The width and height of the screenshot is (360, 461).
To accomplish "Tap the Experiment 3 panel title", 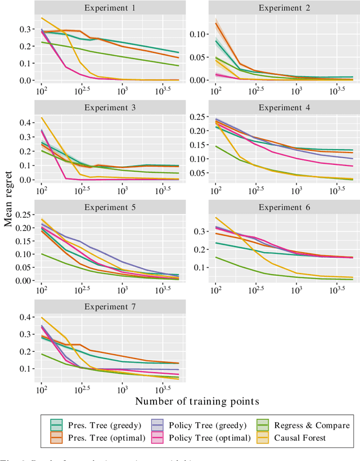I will [109, 108].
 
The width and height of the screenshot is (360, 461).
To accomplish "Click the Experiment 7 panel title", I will [109, 307].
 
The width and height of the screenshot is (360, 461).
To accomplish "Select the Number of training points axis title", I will [196, 401].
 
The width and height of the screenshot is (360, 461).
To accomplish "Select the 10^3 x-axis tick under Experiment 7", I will [122, 389].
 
